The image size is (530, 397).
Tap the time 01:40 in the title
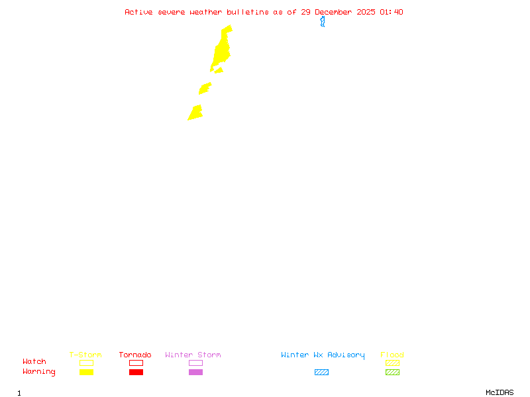point(391,12)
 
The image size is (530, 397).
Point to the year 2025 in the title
point(366,12)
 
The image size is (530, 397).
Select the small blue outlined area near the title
point(323,21)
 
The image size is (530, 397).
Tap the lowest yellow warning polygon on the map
point(195,113)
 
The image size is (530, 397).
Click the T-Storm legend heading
point(85,355)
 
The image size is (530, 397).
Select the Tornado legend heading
point(135,355)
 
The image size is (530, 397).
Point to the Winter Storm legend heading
point(193,355)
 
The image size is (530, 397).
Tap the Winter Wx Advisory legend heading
point(323,355)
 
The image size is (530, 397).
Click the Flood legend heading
point(392,355)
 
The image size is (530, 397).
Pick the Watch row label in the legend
point(34,362)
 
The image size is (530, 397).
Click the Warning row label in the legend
point(39,372)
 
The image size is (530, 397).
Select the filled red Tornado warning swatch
point(136,372)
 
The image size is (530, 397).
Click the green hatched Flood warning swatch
point(392,372)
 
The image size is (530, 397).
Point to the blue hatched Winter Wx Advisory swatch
point(321,372)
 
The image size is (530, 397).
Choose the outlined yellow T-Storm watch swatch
point(86,363)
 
